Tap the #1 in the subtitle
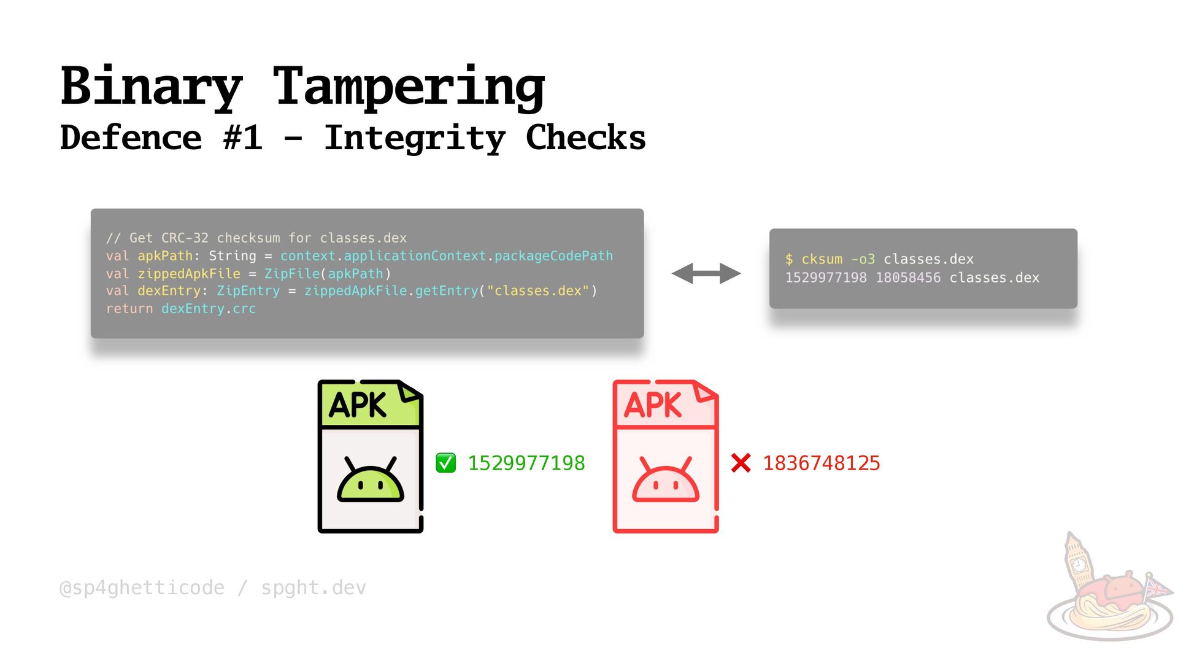(x=243, y=138)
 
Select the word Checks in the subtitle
(x=585, y=138)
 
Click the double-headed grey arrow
(x=706, y=273)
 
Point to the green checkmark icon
(x=445, y=463)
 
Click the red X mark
(x=741, y=463)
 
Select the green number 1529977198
(x=526, y=463)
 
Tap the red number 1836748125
(x=821, y=463)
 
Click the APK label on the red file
(x=652, y=405)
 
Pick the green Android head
(x=370, y=481)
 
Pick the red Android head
(x=665, y=481)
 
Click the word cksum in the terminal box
(x=822, y=259)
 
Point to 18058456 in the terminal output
(x=907, y=277)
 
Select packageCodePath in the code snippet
(x=553, y=256)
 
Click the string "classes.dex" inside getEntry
(x=537, y=291)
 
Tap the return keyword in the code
(x=129, y=309)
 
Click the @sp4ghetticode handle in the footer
(x=142, y=588)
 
